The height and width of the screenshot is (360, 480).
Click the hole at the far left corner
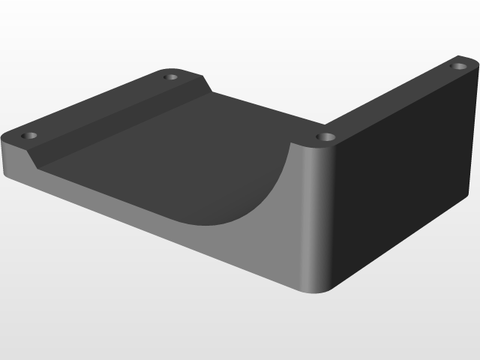pos(29,136)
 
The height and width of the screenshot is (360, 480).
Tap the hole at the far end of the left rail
pos(171,76)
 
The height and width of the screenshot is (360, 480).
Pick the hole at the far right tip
pos(457,66)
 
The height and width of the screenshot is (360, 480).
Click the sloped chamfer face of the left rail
pos(120,121)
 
